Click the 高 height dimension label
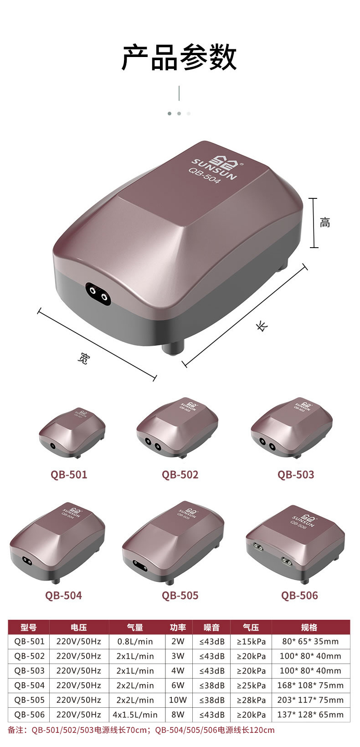coord(324,222)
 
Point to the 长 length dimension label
coord(262,326)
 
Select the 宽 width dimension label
coord(84,358)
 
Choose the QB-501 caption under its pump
coord(69,475)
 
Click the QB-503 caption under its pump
coord(296,475)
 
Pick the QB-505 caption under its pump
coord(180,595)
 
